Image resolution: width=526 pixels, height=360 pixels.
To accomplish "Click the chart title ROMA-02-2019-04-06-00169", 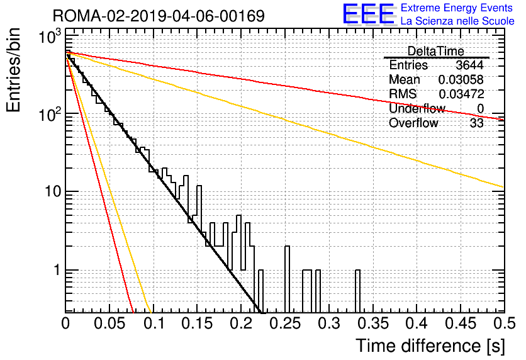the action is click(x=159, y=16).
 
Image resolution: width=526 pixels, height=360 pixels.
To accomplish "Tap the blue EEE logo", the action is click(x=369, y=14).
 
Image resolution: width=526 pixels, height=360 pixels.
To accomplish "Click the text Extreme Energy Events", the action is click(x=457, y=8).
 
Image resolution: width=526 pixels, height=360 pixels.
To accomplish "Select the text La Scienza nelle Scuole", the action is click(x=457, y=21).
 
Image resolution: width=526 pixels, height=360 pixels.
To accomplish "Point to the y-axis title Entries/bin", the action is click(x=13, y=70).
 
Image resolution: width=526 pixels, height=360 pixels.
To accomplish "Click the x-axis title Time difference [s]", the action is click(x=430, y=346).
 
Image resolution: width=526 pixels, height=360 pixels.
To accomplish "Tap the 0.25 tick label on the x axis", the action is click(x=285, y=323).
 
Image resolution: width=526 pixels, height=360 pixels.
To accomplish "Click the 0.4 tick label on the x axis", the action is click(x=417, y=323).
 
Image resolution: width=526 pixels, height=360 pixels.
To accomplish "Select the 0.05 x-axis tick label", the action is click(x=109, y=323).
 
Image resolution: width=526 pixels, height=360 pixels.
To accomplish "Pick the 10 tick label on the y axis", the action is click(x=52, y=191).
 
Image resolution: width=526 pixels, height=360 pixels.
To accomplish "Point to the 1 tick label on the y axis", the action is click(x=57, y=270).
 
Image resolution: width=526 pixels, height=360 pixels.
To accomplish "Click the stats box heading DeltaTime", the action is click(x=436, y=51).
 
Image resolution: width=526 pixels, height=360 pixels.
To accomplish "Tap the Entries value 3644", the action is click(x=469, y=65).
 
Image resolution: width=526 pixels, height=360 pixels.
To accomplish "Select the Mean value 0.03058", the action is click(x=461, y=79).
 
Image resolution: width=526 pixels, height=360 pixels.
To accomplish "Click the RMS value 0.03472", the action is click(x=461, y=94).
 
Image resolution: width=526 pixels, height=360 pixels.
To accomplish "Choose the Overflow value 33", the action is click(x=477, y=123).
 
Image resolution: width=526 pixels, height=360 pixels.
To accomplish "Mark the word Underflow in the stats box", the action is click(x=417, y=108).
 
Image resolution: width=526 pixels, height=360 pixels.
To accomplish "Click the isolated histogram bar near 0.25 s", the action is click(x=287, y=279).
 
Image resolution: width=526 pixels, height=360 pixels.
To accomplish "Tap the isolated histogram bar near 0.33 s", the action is click(x=357, y=291).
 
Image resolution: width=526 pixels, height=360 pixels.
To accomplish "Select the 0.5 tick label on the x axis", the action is click(x=505, y=323).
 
